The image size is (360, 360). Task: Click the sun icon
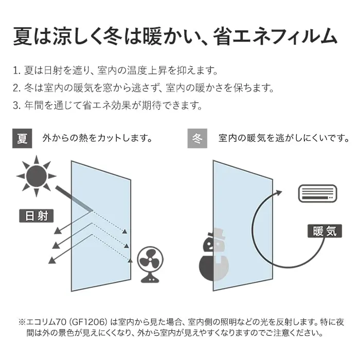[37, 176]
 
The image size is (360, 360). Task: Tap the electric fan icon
[150, 264]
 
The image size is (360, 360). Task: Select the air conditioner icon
[317, 193]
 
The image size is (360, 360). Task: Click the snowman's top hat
[217, 233]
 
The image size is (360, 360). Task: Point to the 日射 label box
[37, 216]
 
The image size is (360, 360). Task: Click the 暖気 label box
[325, 231]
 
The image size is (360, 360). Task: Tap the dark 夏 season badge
[22, 138]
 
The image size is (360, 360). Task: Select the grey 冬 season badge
[197, 138]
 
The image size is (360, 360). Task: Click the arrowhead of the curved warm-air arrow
[278, 193]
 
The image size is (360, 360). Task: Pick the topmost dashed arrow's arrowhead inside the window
[124, 231]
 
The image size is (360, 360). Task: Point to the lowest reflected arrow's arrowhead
[52, 260]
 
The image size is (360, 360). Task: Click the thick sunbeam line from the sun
[74, 199]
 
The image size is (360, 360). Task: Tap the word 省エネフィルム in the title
[275, 37]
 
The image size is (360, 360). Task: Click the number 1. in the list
[16, 71]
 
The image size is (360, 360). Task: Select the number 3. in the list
[17, 105]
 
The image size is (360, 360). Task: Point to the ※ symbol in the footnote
[22, 322]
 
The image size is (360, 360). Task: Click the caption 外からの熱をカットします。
[97, 138]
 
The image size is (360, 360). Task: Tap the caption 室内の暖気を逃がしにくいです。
[284, 138]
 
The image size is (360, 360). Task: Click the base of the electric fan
[150, 279]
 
